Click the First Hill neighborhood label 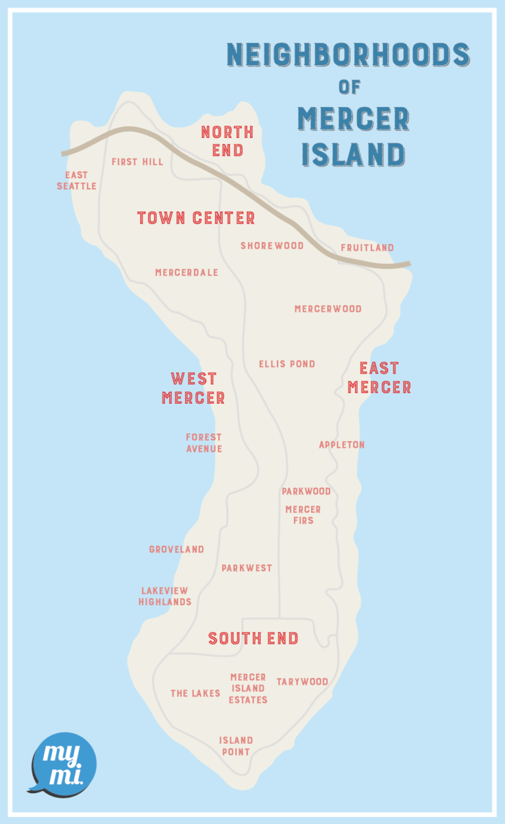click(137, 162)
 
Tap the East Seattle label click(76, 181)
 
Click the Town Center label click(196, 218)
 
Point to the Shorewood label click(272, 246)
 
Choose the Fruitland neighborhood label click(367, 248)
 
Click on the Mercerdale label click(187, 273)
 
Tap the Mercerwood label click(327, 309)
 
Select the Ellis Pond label click(287, 364)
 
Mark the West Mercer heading click(193, 389)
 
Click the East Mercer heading click(379, 377)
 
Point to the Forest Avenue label click(204, 443)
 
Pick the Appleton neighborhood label click(341, 445)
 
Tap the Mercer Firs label click(303, 515)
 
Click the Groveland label click(176, 550)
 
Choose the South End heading click(253, 639)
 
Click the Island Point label click(235, 746)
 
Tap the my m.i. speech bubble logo click(63, 763)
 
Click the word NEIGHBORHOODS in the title click(348, 55)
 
